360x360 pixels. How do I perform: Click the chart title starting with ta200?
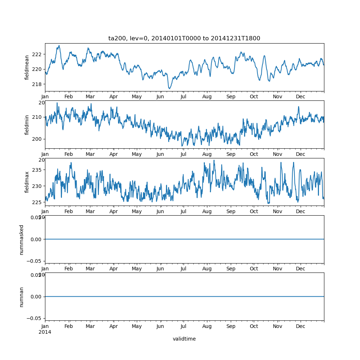[184, 38]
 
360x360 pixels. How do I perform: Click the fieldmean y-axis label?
[27, 67]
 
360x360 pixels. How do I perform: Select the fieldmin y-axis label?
[27, 125]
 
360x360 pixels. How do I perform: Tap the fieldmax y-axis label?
[27, 182]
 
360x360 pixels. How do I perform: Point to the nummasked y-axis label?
[22, 239]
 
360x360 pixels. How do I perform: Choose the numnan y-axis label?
[22, 297]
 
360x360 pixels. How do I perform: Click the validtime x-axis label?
[184, 339]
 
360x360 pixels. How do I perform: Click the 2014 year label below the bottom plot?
[45, 332]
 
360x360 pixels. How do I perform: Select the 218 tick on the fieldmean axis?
[37, 84]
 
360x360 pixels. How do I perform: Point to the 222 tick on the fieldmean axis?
[37, 54]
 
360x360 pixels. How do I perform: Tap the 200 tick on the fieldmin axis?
[37, 139]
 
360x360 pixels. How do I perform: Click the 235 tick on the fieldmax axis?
[37, 170]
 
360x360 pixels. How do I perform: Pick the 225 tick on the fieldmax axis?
[37, 202]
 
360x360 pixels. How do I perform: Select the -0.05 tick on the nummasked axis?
[32, 261]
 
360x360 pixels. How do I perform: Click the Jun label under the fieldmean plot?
[160, 97]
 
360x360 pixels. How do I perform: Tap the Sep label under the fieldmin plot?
[231, 154]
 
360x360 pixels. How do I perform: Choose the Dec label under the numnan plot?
[301, 327]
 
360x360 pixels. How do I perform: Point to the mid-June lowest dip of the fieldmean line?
[169, 88]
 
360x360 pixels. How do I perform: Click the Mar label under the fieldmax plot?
[90, 212]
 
